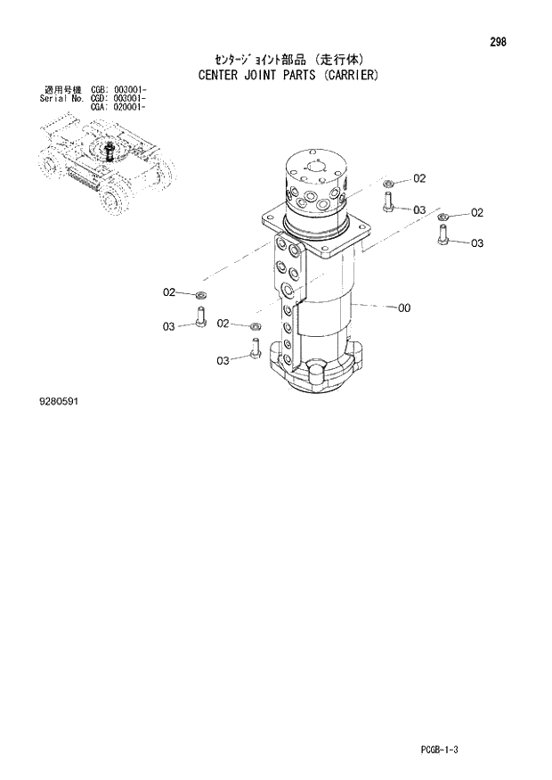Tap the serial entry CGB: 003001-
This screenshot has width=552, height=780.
(x=119, y=90)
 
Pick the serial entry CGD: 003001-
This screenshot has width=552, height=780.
(x=119, y=98)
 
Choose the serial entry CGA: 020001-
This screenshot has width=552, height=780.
(x=119, y=106)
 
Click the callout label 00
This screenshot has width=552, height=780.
(x=403, y=308)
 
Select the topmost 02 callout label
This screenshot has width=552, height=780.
(x=419, y=178)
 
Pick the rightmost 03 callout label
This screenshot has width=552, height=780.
(x=477, y=243)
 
